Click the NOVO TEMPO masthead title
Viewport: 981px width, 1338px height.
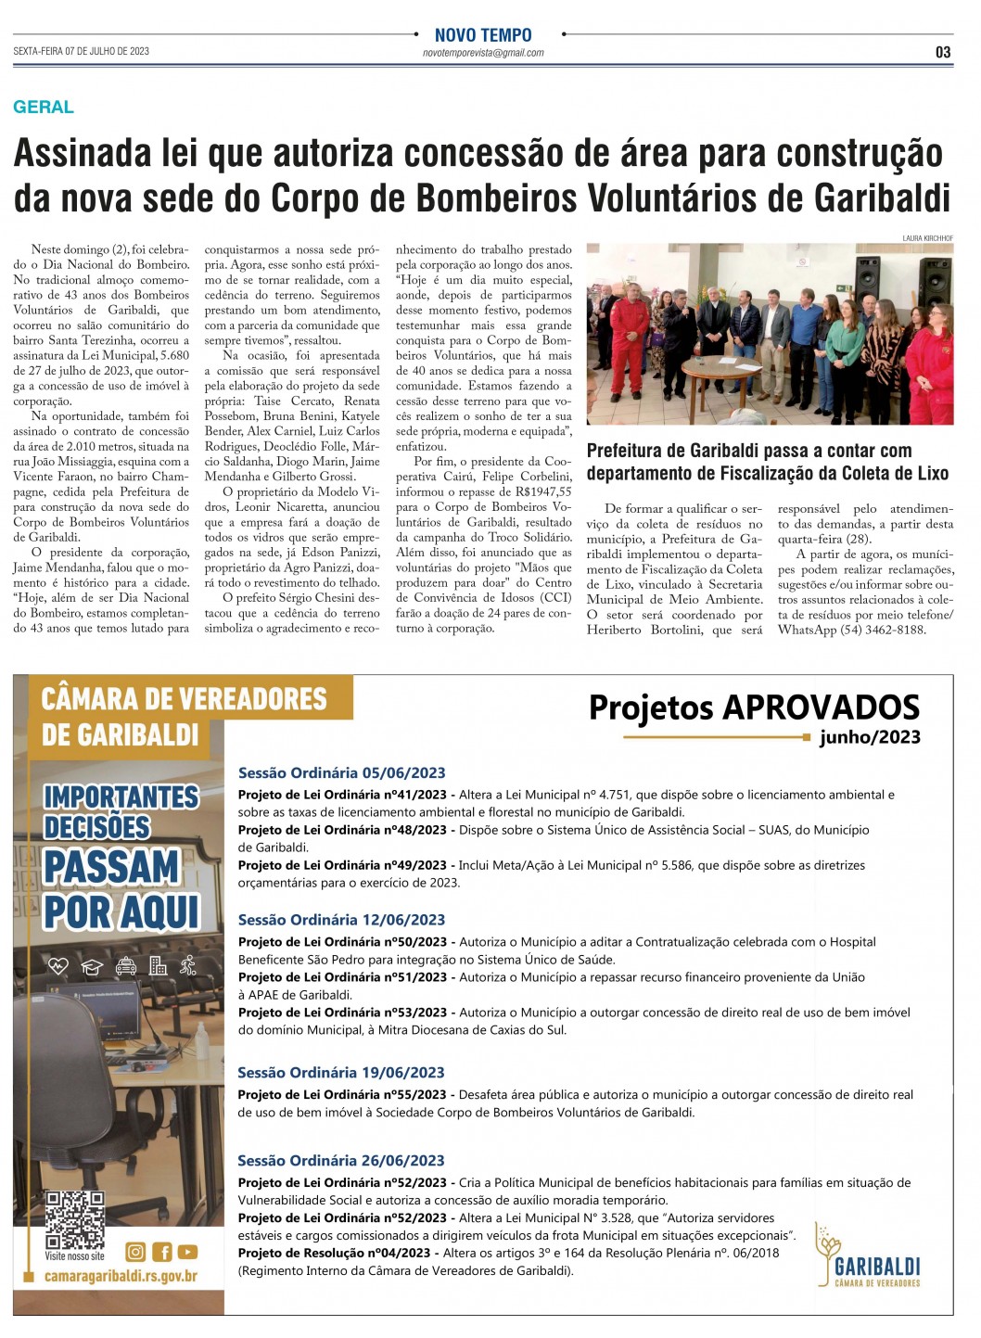point(483,35)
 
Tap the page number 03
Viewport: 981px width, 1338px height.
point(943,53)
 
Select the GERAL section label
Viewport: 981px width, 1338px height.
point(44,107)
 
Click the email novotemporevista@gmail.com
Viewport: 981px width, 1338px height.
point(483,54)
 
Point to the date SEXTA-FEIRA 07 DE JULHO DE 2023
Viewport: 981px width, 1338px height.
point(82,52)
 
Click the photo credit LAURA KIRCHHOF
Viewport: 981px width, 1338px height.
point(927,238)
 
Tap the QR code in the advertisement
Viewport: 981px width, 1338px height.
point(75,1219)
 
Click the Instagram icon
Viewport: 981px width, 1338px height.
point(135,1252)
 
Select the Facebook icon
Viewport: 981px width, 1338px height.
point(161,1252)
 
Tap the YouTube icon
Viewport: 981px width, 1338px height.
point(187,1252)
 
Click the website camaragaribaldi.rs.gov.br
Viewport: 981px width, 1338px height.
point(121,1277)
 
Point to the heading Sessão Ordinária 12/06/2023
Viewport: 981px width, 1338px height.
point(341,920)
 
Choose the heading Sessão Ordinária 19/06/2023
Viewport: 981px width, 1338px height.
point(341,1073)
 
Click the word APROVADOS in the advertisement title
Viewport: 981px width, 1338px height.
point(822,707)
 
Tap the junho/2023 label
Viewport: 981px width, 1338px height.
point(870,737)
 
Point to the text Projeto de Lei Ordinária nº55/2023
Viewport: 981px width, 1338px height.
point(342,1095)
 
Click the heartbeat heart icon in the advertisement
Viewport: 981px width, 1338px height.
point(58,966)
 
